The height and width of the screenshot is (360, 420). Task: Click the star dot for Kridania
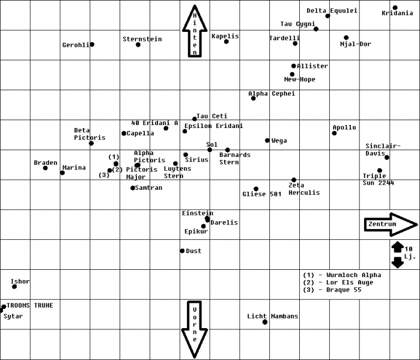coord(395,8)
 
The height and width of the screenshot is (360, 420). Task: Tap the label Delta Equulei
coord(332,10)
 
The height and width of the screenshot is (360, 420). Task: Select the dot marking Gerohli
coord(92,44)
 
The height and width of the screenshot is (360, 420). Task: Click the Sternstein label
coord(142,39)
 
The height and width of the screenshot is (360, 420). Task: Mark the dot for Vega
coord(267,141)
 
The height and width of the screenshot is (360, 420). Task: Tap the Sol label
coord(212,145)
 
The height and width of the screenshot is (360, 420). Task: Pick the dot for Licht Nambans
coord(265,322)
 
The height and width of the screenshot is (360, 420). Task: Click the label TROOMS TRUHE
coord(30,305)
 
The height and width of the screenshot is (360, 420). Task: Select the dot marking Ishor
coord(14,287)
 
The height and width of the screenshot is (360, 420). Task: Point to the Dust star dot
coord(182,251)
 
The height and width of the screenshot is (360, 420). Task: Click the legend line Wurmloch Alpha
coord(342,275)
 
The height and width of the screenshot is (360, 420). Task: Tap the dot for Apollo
coord(334,133)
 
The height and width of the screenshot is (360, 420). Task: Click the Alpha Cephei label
coord(272,94)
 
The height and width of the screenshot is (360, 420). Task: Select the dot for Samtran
coord(133,188)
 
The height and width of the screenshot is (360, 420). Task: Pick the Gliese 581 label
coord(262,194)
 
